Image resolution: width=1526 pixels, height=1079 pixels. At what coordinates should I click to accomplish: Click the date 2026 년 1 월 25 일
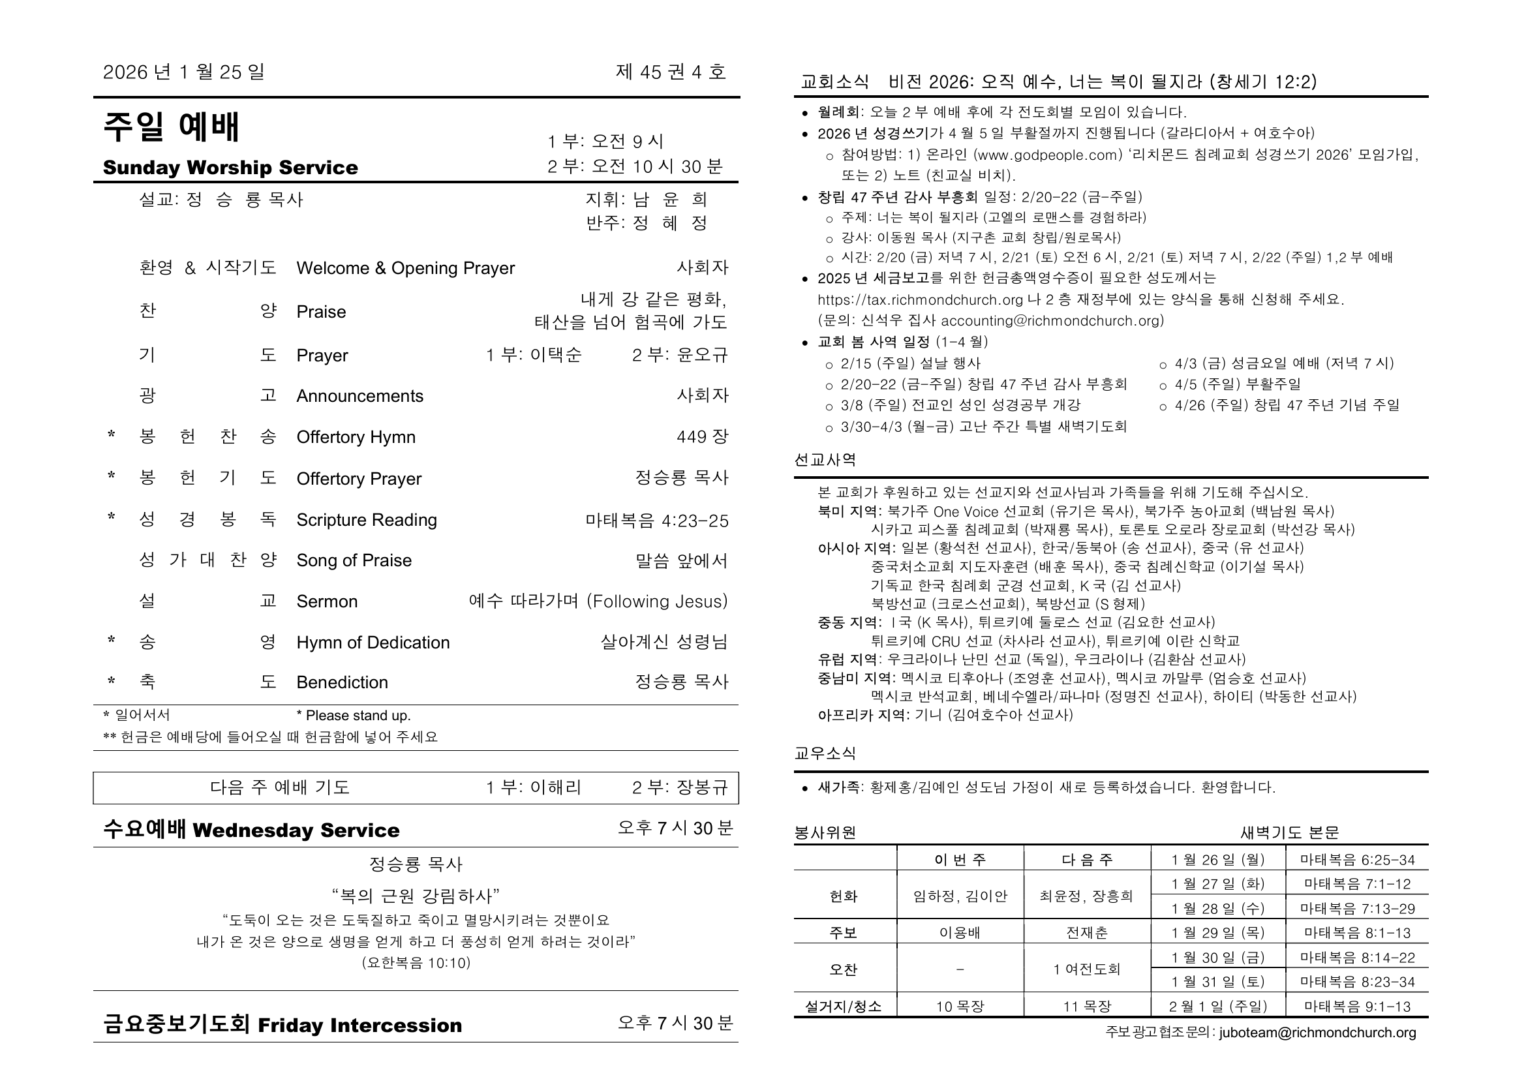click(x=183, y=72)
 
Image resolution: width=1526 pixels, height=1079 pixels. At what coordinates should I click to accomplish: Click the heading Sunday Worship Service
click(x=230, y=168)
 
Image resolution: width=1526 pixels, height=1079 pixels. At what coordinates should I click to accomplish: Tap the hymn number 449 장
click(x=702, y=436)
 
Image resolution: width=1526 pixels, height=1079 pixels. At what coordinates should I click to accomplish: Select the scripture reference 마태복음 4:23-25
click(x=657, y=520)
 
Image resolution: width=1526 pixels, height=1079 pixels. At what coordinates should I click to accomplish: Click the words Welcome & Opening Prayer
click(x=405, y=267)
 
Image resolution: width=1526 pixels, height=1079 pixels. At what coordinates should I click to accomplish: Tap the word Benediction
click(x=342, y=682)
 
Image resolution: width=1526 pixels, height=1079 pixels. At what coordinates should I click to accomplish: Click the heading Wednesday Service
click(x=296, y=830)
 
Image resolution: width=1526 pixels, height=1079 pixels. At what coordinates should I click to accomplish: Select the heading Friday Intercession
click(x=359, y=1026)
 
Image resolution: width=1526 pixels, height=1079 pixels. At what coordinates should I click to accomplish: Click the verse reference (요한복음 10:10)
click(x=416, y=963)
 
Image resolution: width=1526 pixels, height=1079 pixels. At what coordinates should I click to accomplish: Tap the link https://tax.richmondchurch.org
click(x=920, y=299)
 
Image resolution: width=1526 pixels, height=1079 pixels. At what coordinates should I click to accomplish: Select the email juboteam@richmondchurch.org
click(x=1317, y=1033)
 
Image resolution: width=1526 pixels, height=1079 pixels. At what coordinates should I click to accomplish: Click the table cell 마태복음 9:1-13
click(x=1357, y=1007)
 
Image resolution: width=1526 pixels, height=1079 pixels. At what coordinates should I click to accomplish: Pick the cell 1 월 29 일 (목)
click(x=1217, y=933)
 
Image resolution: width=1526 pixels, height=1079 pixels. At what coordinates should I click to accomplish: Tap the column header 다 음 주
click(x=1087, y=860)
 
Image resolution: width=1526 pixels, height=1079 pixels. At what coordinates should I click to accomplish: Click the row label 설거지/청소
click(x=844, y=1007)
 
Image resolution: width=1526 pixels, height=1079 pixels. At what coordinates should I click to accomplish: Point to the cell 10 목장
click(x=960, y=1007)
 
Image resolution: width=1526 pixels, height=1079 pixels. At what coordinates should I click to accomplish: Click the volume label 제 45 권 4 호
click(x=670, y=72)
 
